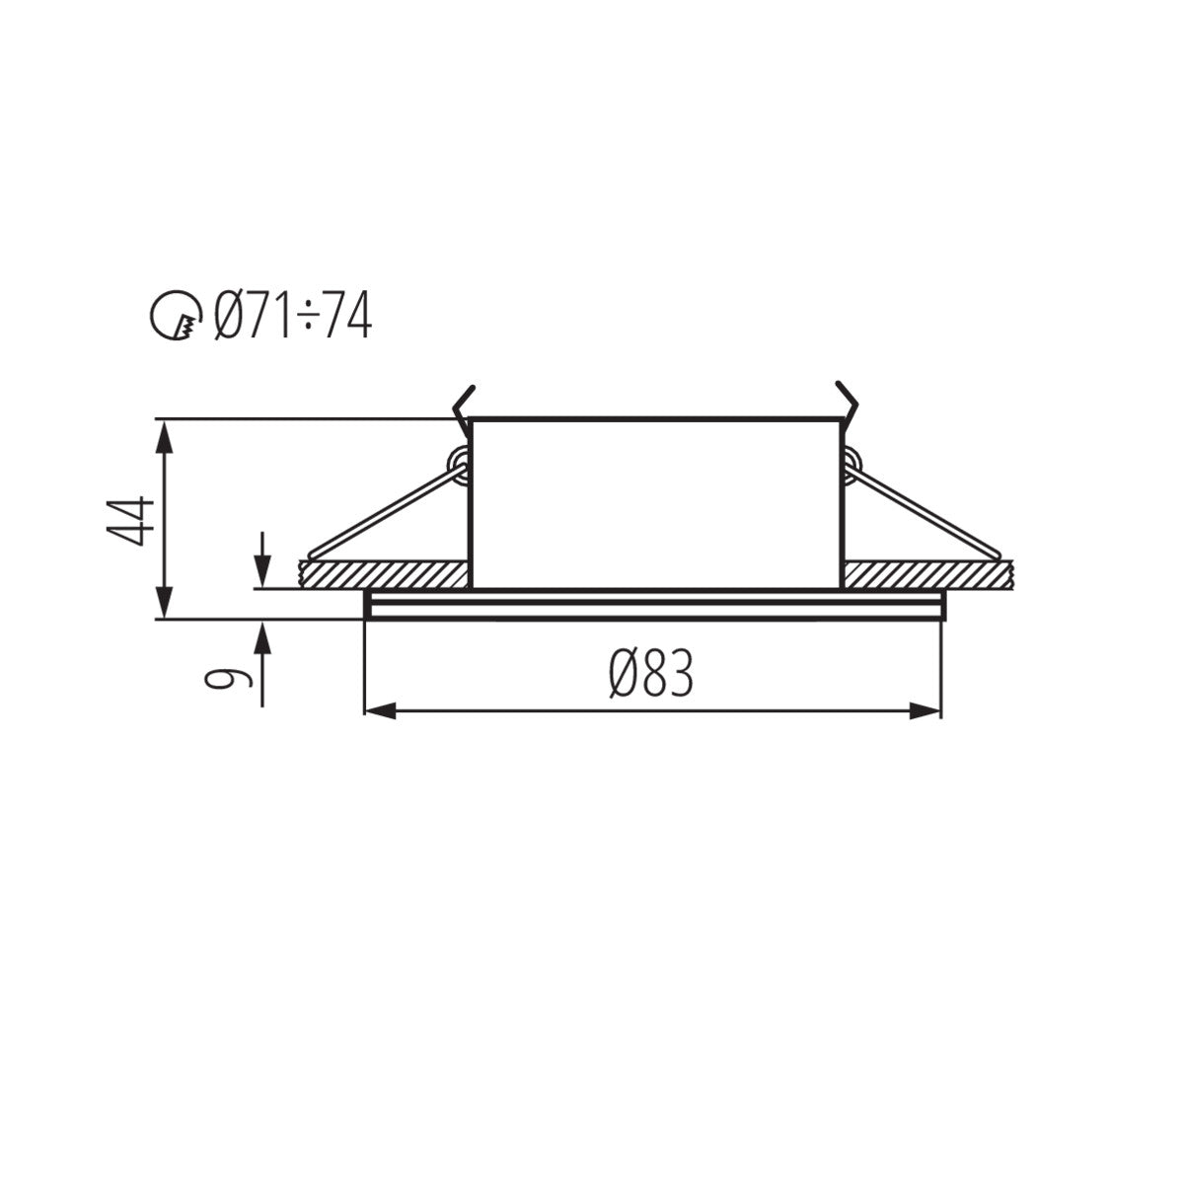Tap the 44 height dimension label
132,519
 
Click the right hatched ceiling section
927,572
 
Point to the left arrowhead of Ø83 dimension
380,710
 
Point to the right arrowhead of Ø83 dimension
925,710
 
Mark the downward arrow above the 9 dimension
262,568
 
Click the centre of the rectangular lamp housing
656,503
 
